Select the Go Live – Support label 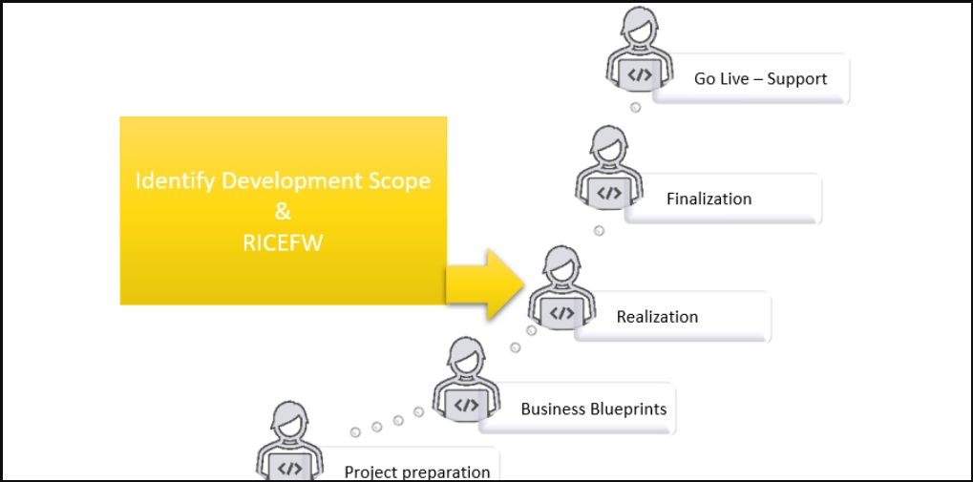pyautogui.click(x=760, y=79)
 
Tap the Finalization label pyautogui.click(x=709, y=199)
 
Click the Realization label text pyautogui.click(x=657, y=317)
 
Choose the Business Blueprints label pyautogui.click(x=593, y=409)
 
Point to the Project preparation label pyautogui.click(x=417, y=472)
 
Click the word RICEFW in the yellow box pyautogui.click(x=283, y=243)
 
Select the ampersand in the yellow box pyautogui.click(x=283, y=212)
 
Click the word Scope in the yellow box pyautogui.click(x=401, y=180)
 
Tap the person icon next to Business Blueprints pyautogui.click(x=466, y=381)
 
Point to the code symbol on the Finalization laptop pyautogui.click(x=609, y=193)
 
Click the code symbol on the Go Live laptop pyautogui.click(x=640, y=75)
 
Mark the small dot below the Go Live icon pyautogui.click(x=635, y=108)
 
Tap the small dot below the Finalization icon pyautogui.click(x=599, y=231)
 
